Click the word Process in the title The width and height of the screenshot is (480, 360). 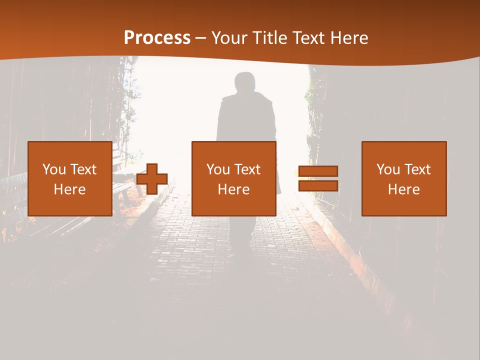tap(157, 38)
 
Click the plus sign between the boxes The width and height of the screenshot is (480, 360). tap(152, 178)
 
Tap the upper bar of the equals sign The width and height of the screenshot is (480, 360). tap(318, 171)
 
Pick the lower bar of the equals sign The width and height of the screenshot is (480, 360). tap(318, 186)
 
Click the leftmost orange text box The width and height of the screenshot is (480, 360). tap(69, 178)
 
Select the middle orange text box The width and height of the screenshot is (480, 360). tap(233, 178)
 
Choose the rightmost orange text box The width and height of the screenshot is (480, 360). tap(403, 178)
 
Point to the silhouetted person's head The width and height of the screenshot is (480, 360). tap(245, 82)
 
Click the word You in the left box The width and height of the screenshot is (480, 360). tap(54, 169)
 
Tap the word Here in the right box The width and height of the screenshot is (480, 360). tap(403, 189)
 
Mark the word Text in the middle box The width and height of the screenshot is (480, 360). tap(247, 169)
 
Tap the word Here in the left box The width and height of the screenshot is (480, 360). tap(69, 189)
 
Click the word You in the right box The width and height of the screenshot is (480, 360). tap(388, 169)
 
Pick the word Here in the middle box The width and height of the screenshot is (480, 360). tap(233, 189)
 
